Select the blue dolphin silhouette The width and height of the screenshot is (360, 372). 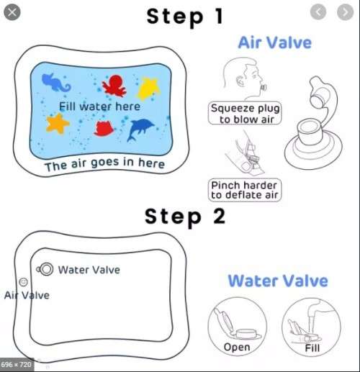(143, 130)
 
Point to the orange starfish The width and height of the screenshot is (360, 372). (57, 124)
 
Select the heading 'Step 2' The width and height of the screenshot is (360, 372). (186, 214)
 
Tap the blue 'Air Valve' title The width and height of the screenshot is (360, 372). (274, 42)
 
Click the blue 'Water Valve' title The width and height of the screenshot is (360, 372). (278, 281)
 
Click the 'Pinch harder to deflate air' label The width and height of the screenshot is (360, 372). (245, 190)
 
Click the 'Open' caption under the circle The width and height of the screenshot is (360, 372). (237, 347)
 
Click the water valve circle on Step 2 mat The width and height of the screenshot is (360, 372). (46, 268)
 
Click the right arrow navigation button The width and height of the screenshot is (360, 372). (342, 12)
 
